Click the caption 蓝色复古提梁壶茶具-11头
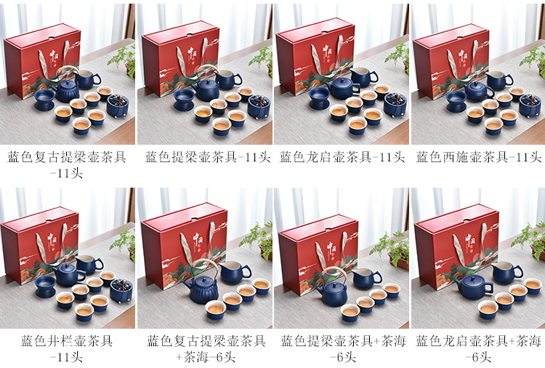click(66, 164)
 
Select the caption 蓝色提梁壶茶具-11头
click(208, 157)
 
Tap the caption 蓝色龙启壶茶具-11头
click(342, 157)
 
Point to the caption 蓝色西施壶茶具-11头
click(478, 157)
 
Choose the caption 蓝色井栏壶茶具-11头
click(66, 348)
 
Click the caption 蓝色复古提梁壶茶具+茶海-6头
click(206, 348)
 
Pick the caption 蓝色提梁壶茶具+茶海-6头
click(343, 348)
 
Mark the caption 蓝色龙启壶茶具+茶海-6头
click(478, 348)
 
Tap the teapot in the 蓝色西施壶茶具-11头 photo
click(479, 91)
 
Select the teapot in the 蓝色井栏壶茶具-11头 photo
click(69, 274)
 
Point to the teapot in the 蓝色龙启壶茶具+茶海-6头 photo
click(474, 287)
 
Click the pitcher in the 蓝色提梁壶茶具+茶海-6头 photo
click(366, 276)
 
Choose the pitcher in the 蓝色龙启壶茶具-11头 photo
click(363, 76)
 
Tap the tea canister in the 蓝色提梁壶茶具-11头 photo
click(259, 106)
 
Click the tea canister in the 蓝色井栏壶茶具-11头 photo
click(121, 289)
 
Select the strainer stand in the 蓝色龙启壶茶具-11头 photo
click(319, 97)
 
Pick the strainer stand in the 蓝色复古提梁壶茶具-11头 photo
click(45, 100)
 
